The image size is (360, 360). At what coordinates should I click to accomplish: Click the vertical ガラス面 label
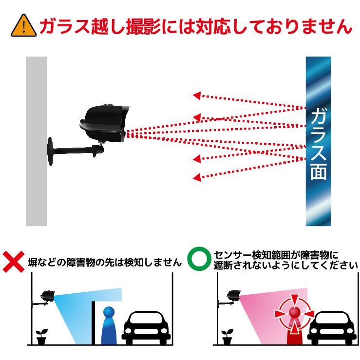tap(318, 142)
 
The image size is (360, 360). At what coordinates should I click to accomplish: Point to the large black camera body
tap(105, 122)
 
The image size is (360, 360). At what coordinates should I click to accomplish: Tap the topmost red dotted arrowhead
tap(196, 95)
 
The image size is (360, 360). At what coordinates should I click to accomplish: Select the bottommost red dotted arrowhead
tap(196, 177)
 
